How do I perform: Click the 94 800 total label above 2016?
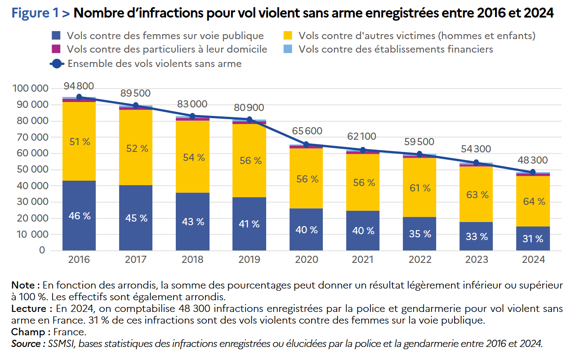click(x=79, y=86)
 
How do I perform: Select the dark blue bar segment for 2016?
click(x=79, y=216)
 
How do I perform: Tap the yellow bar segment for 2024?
click(x=533, y=201)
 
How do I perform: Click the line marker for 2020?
click(x=306, y=144)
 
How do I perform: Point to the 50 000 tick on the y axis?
click(x=32, y=169)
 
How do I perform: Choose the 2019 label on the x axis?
click(x=249, y=260)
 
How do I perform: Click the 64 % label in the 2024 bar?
click(x=534, y=201)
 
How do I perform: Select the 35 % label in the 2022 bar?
click(x=420, y=234)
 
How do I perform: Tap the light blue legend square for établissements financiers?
click(x=288, y=49)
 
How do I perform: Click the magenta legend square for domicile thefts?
click(x=56, y=49)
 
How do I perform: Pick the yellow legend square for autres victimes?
click(x=288, y=36)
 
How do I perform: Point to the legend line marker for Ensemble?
click(x=57, y=64)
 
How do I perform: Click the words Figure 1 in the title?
click(x=35, y=13)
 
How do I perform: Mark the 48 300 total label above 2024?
click(x=532, y=160)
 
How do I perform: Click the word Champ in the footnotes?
click(x=28, y=332)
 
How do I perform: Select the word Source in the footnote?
click(x=26, y=344)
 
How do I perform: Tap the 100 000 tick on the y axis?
click(x=30, y=88)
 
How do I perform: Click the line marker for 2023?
click(x=476, y=163)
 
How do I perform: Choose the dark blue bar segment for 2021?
click(x=363, y=231)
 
